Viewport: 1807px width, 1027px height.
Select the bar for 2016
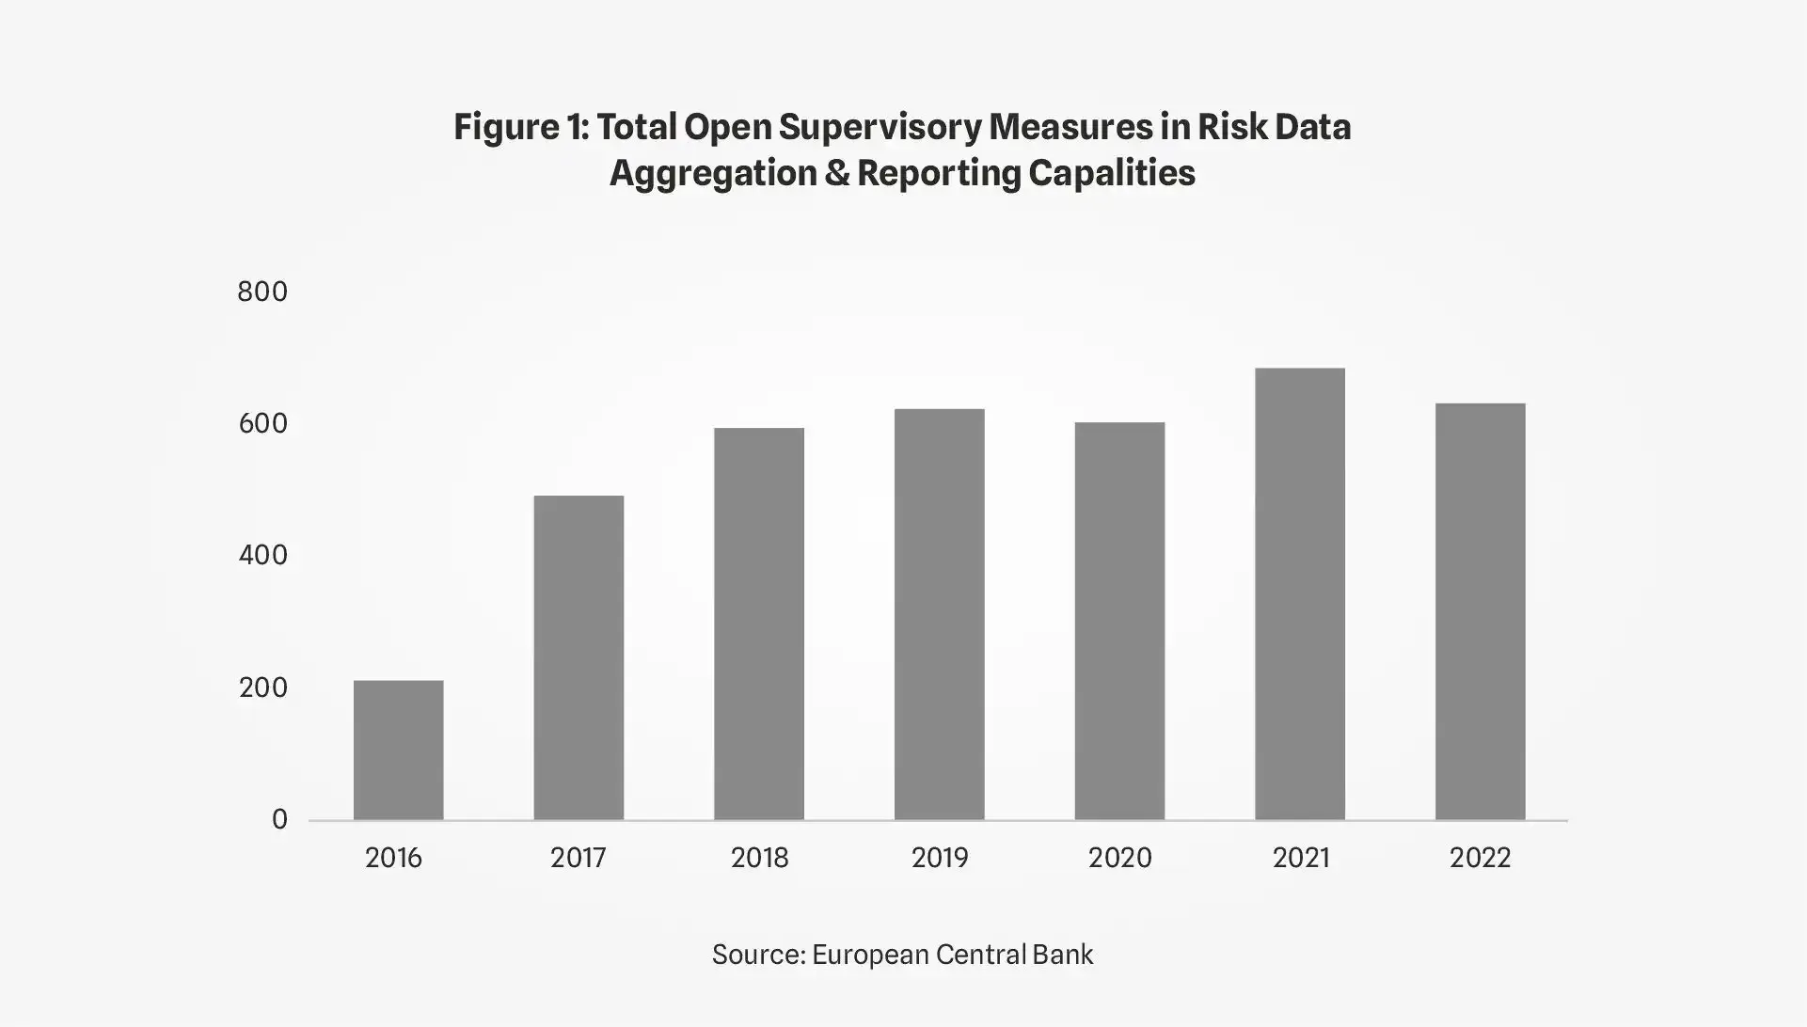click(x=398, y=750)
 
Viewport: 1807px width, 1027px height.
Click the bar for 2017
click(x=579, y=657)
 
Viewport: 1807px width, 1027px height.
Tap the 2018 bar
click(x=759, y=624)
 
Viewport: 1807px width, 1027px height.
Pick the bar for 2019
click(x=939, y=614)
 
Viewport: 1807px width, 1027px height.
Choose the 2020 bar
click(x=1119, y=621)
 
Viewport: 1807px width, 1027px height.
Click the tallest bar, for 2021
click(x=1300, y=593)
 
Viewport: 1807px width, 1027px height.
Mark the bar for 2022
click(x=1480, y=611)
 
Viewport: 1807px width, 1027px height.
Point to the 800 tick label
click(x=262, y=292)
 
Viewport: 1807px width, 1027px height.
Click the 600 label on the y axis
click(x=262, y=424)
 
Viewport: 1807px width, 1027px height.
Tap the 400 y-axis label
click(x=262, y=556)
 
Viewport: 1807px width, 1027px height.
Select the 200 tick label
click(x=262, y=688)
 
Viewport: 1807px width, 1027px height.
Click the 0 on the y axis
click(x=279, y=820)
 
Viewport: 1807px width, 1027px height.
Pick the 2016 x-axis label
click(x=393, y=859)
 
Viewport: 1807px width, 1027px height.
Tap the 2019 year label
click(x=939, y=859)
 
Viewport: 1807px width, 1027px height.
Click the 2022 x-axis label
click(x=1480, y=859)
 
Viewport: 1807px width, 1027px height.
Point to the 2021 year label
click(x=1301, y=859)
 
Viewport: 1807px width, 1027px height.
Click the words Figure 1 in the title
click(x=520, y=127)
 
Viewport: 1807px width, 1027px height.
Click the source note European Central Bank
click(x=952, y=955)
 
